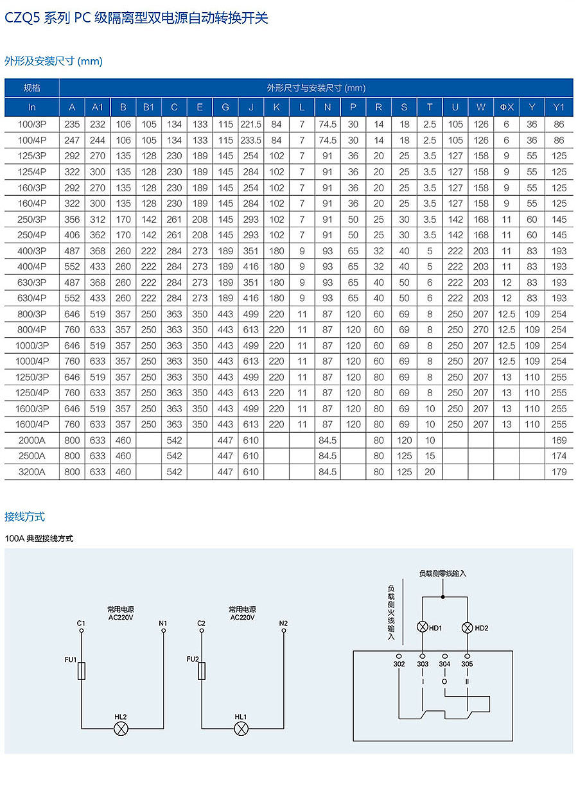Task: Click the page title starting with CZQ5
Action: click(x=136, y=18)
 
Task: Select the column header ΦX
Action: click(x=506, y=107)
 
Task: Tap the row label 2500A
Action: click(x=31, y=456)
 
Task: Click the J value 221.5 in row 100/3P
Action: click(x=250, y=125)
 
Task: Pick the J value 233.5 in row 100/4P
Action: click(x=250, y=140)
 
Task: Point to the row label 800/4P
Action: click(x=31, y=329)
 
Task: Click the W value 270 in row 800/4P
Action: click(x=480, y=329)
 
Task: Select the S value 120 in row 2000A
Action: click(x=404, y=440)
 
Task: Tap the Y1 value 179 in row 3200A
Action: click(x=559, y=472)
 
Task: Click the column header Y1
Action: click(x=559, y=107)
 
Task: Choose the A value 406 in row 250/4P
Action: click(x=72, y=235)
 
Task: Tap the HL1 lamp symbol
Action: click(x=241, y=728)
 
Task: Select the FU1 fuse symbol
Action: click(x=82, y=672)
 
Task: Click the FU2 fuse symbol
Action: click(x=202, y=672)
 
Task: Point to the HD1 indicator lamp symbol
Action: click(x=423, y=627)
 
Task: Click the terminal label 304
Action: click(x=444, y=664)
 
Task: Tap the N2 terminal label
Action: click(x=283, y=623)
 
